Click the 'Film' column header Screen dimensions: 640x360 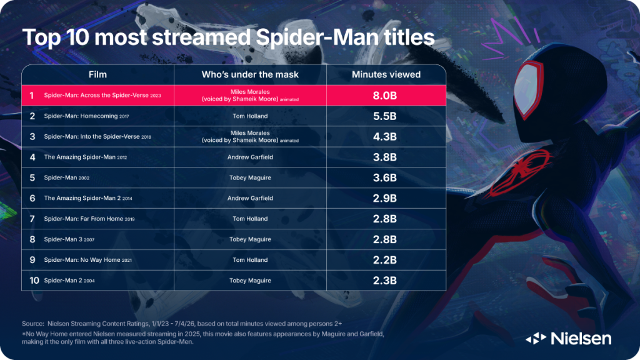click(97, 75)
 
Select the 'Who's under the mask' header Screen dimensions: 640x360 click(250, 75)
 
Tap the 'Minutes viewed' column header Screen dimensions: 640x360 click(386, 75)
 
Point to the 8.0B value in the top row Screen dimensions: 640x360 click(385, 96)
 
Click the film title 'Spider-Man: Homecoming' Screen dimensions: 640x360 click(81, 116)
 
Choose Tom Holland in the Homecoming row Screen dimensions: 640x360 click(250, 116)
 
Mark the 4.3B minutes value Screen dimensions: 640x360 click(385, 137)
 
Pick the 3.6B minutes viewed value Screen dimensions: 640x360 click(385, 178)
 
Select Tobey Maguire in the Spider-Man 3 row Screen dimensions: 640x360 click(250, 239)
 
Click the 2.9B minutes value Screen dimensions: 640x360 click(385, 198)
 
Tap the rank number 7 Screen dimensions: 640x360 click(32, 219)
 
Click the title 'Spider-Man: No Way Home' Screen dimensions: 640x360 click(82, 260)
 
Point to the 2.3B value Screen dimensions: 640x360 click(385, 281)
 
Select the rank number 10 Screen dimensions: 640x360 click(34, 281)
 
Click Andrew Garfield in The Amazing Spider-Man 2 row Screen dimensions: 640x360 click(250, 198)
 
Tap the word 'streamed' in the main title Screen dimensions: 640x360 click(201, 37)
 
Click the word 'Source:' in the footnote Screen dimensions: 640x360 click(33, 324)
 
